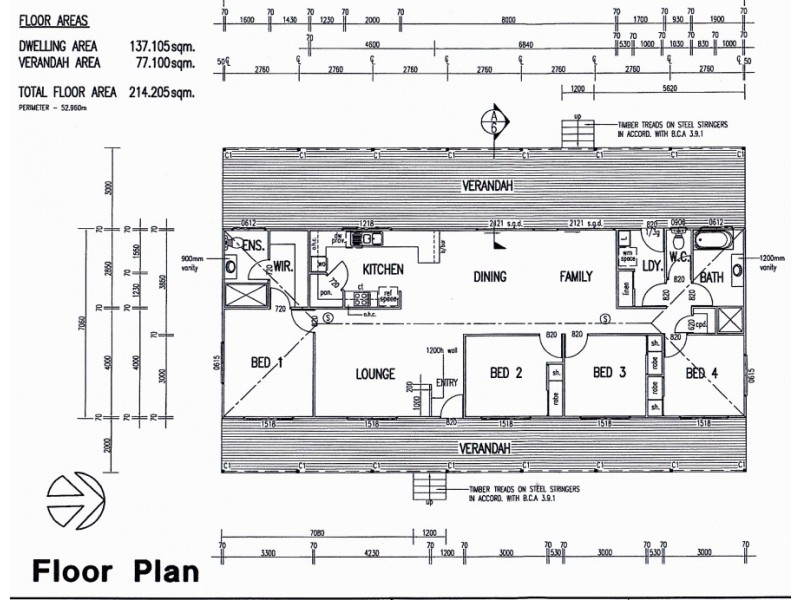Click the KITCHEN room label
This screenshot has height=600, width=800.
382,269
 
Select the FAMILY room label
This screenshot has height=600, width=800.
575,277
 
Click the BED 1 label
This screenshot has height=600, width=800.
266,363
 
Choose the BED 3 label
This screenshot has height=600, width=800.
609,373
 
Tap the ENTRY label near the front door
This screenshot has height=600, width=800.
447,382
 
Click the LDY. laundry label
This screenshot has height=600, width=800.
650,265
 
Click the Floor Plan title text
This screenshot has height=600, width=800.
115,571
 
